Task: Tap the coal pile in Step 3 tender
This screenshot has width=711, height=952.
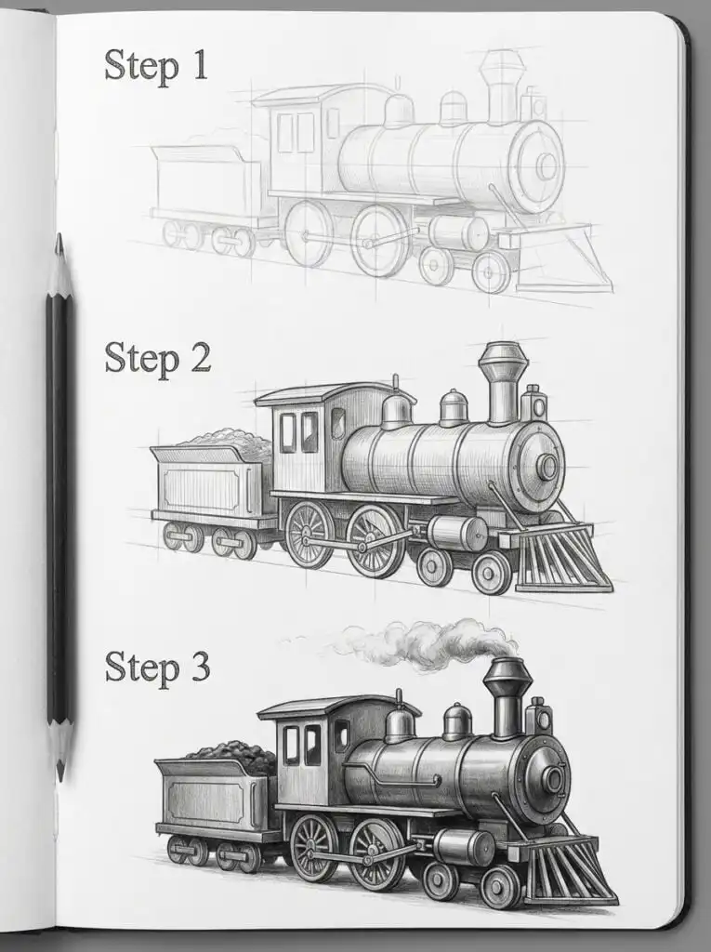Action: click(232, 755)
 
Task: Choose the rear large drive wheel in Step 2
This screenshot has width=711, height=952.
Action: click(309, 535)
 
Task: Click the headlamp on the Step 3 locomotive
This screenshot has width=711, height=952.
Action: click(538, 716)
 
